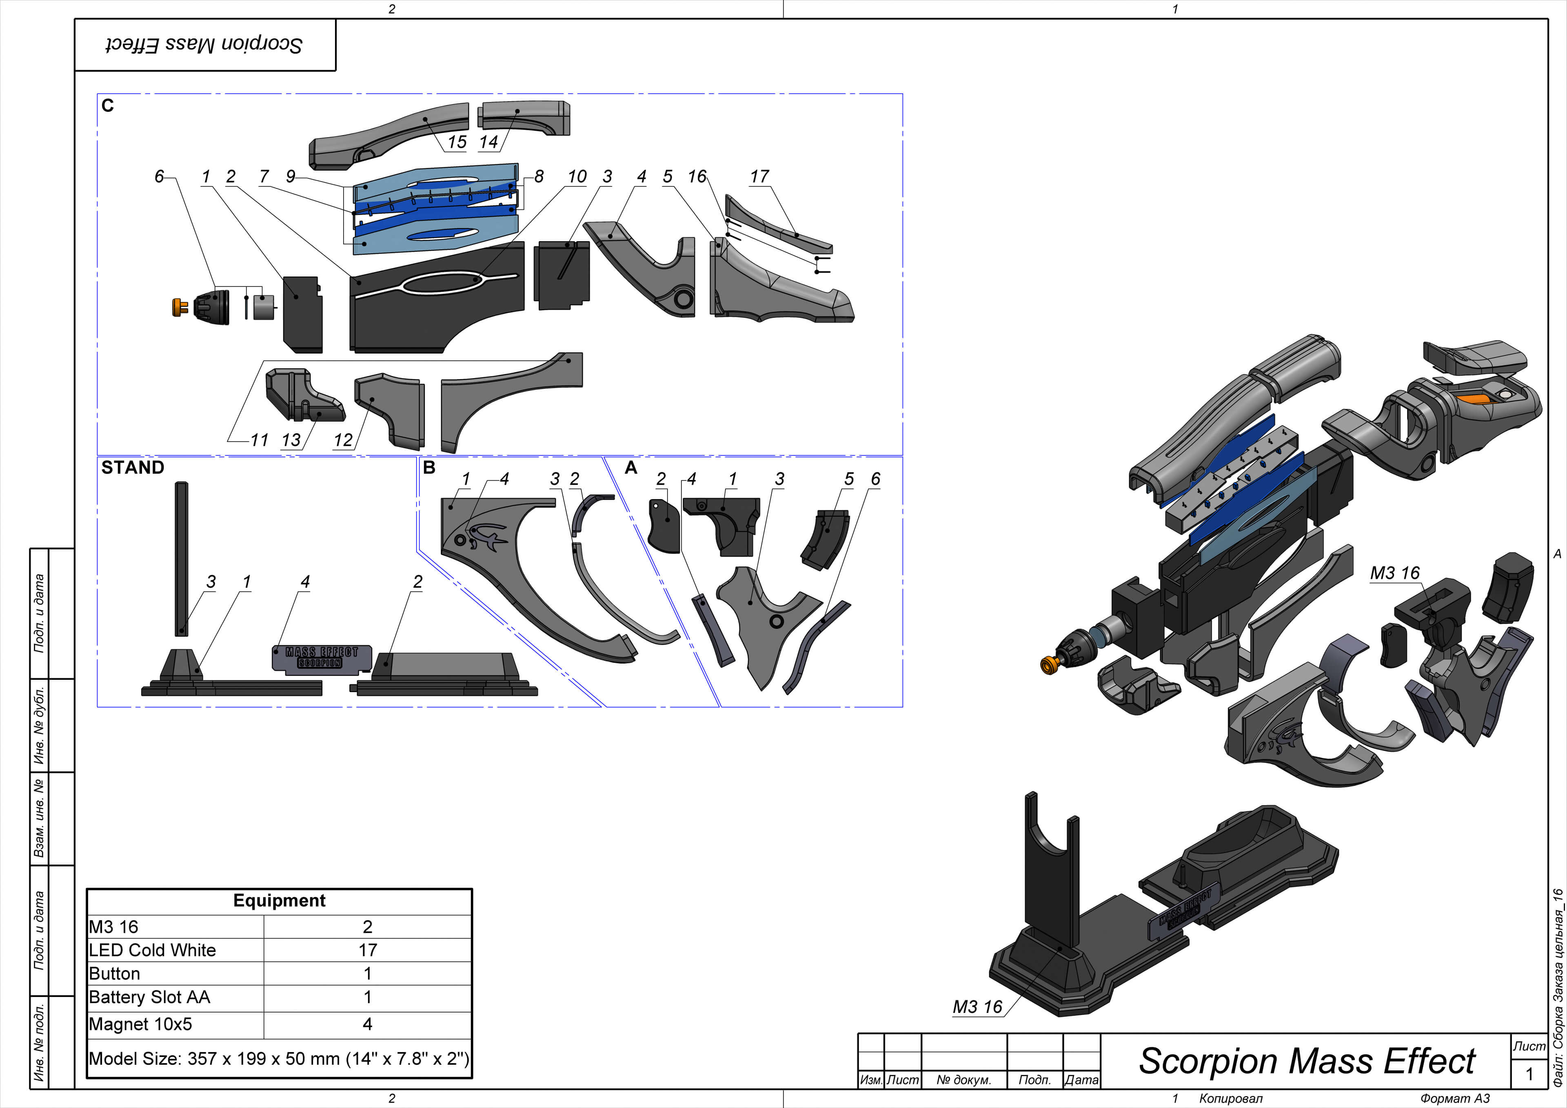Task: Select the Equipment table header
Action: [279, 900]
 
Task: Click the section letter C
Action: [107, 106]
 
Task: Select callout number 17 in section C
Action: [759, 177]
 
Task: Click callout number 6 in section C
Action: [159, 177]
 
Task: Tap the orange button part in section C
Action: [180, 307]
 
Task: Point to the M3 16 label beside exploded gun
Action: [1394, 573]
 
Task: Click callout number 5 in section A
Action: [848, 479]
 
